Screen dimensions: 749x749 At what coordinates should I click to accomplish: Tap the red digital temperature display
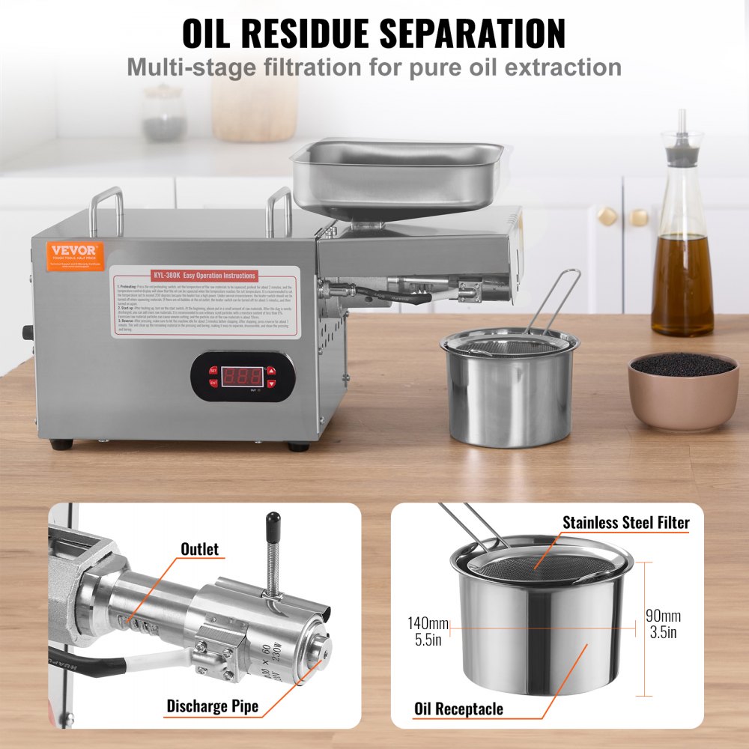[242, 376]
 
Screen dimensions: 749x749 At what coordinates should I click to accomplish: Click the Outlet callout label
[200, 549]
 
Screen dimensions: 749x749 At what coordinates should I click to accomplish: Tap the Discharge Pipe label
[212, 706]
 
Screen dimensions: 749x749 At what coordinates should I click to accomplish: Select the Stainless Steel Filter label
[625, 522]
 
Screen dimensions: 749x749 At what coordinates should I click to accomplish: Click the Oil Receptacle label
[458, 709]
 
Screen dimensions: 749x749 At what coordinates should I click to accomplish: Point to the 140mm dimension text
[428, 623]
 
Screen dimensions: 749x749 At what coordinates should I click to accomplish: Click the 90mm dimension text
[663, 616]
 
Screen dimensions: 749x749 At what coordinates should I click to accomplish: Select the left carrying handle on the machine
[106, 210]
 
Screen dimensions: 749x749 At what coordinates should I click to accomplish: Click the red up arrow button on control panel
[271, 370]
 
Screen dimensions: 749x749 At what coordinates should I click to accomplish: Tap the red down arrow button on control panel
[271, 383]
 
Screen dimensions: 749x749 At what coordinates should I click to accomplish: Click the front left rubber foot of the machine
[61, 444]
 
